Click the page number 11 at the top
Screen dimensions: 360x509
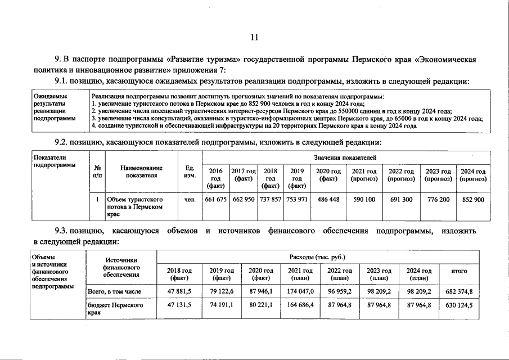254,38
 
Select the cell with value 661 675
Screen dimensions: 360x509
215,200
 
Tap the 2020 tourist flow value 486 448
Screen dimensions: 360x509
328,200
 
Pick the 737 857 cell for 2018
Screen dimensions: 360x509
271,200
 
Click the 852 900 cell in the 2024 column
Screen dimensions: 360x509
473,200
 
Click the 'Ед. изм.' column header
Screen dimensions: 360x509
190,172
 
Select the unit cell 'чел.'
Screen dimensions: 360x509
190,200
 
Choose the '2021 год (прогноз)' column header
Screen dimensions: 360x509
364,175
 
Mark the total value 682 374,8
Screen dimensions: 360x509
459,292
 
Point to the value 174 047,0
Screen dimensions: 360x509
300,292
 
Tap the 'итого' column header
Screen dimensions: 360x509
459,271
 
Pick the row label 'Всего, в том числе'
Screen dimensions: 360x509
115,292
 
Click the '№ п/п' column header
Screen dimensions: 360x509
97,172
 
